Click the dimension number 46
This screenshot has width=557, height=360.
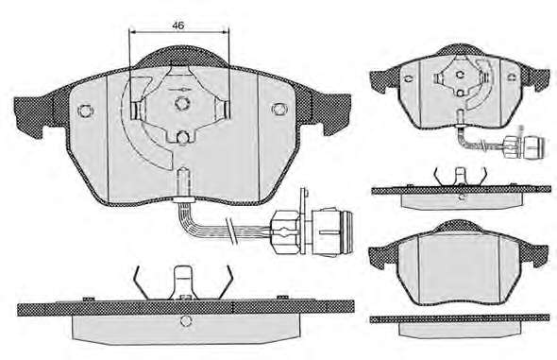tap(178, 26)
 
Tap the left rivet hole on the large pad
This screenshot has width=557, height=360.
tap(85, 111)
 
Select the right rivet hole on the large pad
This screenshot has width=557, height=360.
tap(278, 109)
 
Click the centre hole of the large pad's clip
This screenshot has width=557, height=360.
tap(181, 103)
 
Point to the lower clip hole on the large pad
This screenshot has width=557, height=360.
tap(182, 136)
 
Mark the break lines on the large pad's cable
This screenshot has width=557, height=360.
tap(232, 231)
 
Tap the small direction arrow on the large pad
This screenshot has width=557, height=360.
tap(179, 90)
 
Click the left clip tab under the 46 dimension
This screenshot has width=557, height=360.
tap(137, 111)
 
